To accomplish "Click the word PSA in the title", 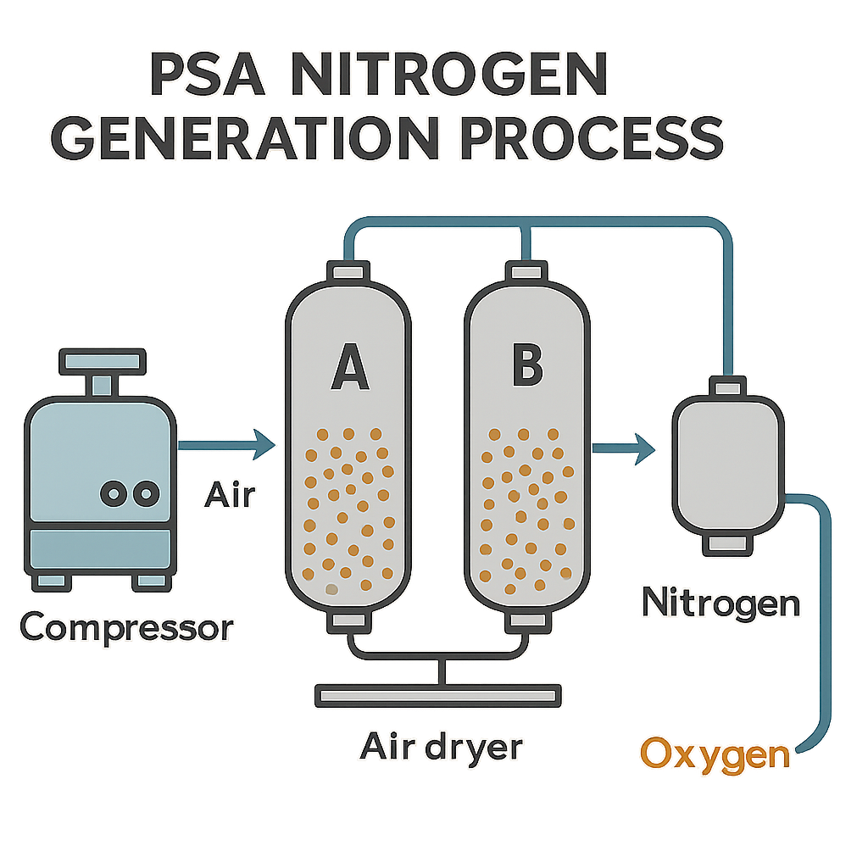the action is [208, 75].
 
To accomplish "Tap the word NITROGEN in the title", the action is [449, 75].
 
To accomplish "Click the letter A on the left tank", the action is [350, 367].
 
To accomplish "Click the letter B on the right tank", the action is [527, 364].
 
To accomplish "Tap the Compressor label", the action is [127, 627].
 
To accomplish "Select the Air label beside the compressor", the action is [230, 494].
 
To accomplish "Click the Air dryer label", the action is [441, 748].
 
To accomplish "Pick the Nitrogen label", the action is [721, 604].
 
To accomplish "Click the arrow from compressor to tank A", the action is [227, 444].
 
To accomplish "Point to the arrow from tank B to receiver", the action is [624, 448].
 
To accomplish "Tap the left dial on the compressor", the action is [114, 493].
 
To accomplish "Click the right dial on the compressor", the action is [146, 493].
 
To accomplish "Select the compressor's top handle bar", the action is [103, 361].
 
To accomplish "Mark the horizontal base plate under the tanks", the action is [438, 695].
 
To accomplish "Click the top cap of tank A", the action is [348, 272].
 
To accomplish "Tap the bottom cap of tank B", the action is [528, 621].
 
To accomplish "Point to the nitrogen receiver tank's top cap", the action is [727, 387].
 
